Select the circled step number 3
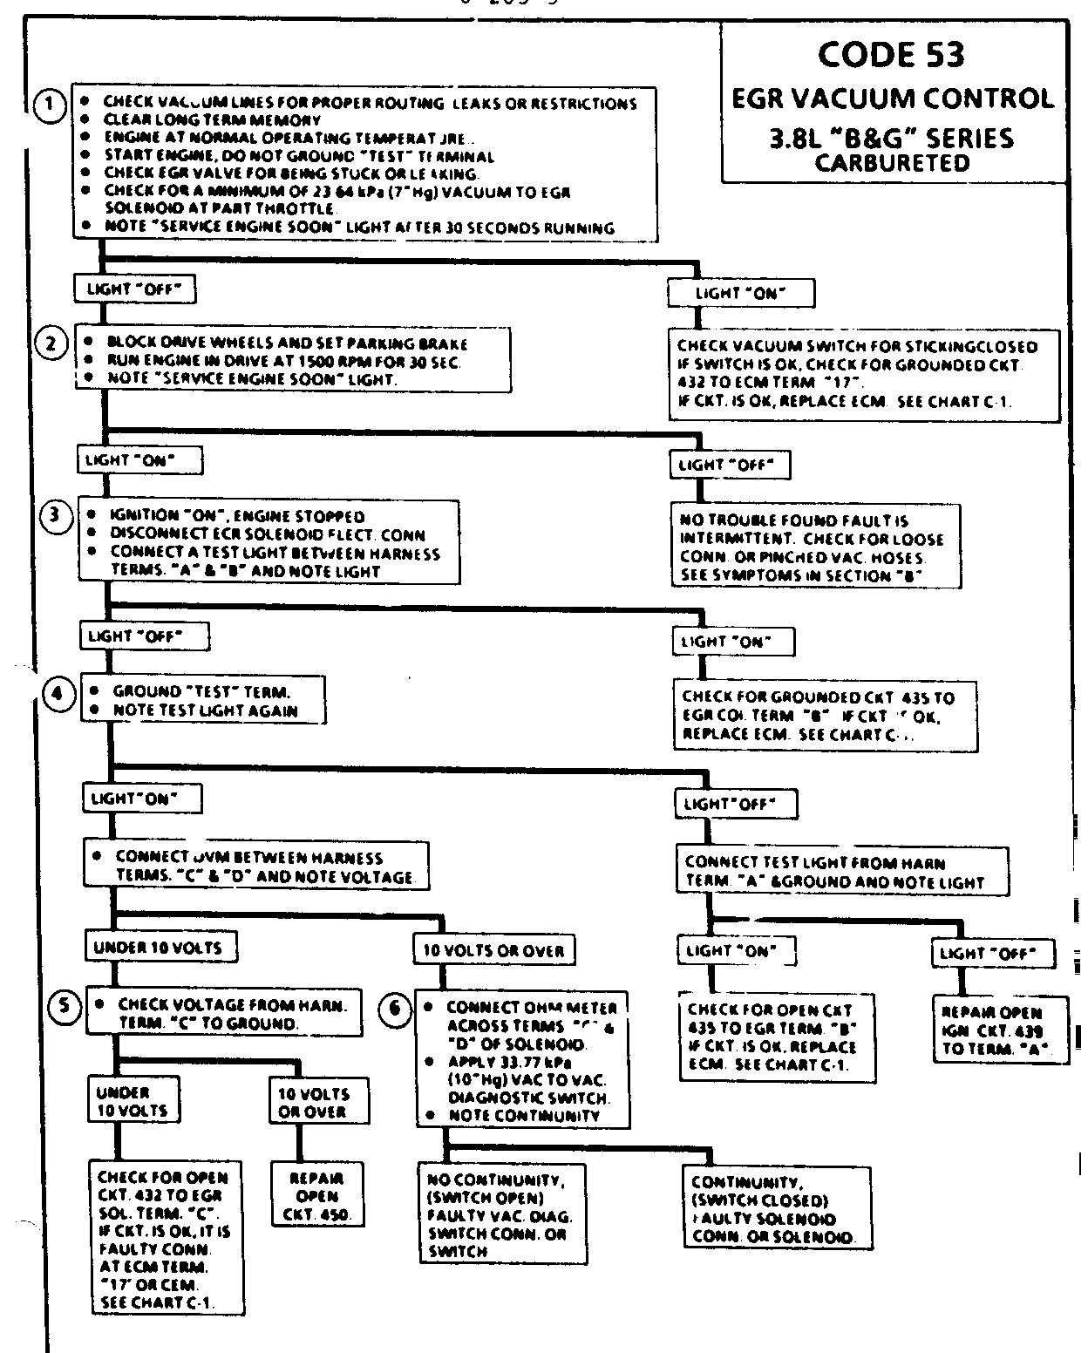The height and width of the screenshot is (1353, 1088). [55, 515]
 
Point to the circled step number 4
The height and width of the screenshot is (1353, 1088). [58, 694]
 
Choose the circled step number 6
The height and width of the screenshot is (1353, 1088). [394, 1009]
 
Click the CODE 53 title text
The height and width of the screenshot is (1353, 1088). [892, 56]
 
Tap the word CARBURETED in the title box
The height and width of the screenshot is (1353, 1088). [892, 163]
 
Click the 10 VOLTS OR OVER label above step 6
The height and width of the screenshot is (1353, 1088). [493, 950]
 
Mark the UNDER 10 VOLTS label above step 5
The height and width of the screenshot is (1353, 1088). [160, 947]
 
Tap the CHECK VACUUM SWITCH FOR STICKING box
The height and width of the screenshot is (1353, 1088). [853, 374]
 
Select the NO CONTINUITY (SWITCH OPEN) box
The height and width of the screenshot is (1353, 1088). [500, 1214]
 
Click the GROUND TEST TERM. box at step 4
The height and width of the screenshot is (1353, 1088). [203, 700]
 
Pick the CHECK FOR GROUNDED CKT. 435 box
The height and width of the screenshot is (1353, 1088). [826, 715]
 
